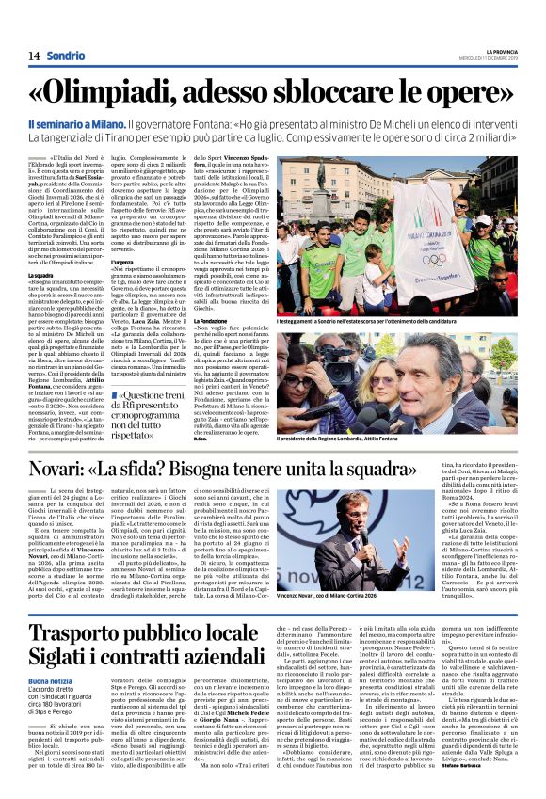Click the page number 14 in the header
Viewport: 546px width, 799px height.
(33, 56)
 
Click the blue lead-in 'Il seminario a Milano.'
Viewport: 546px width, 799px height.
(89, 123)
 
